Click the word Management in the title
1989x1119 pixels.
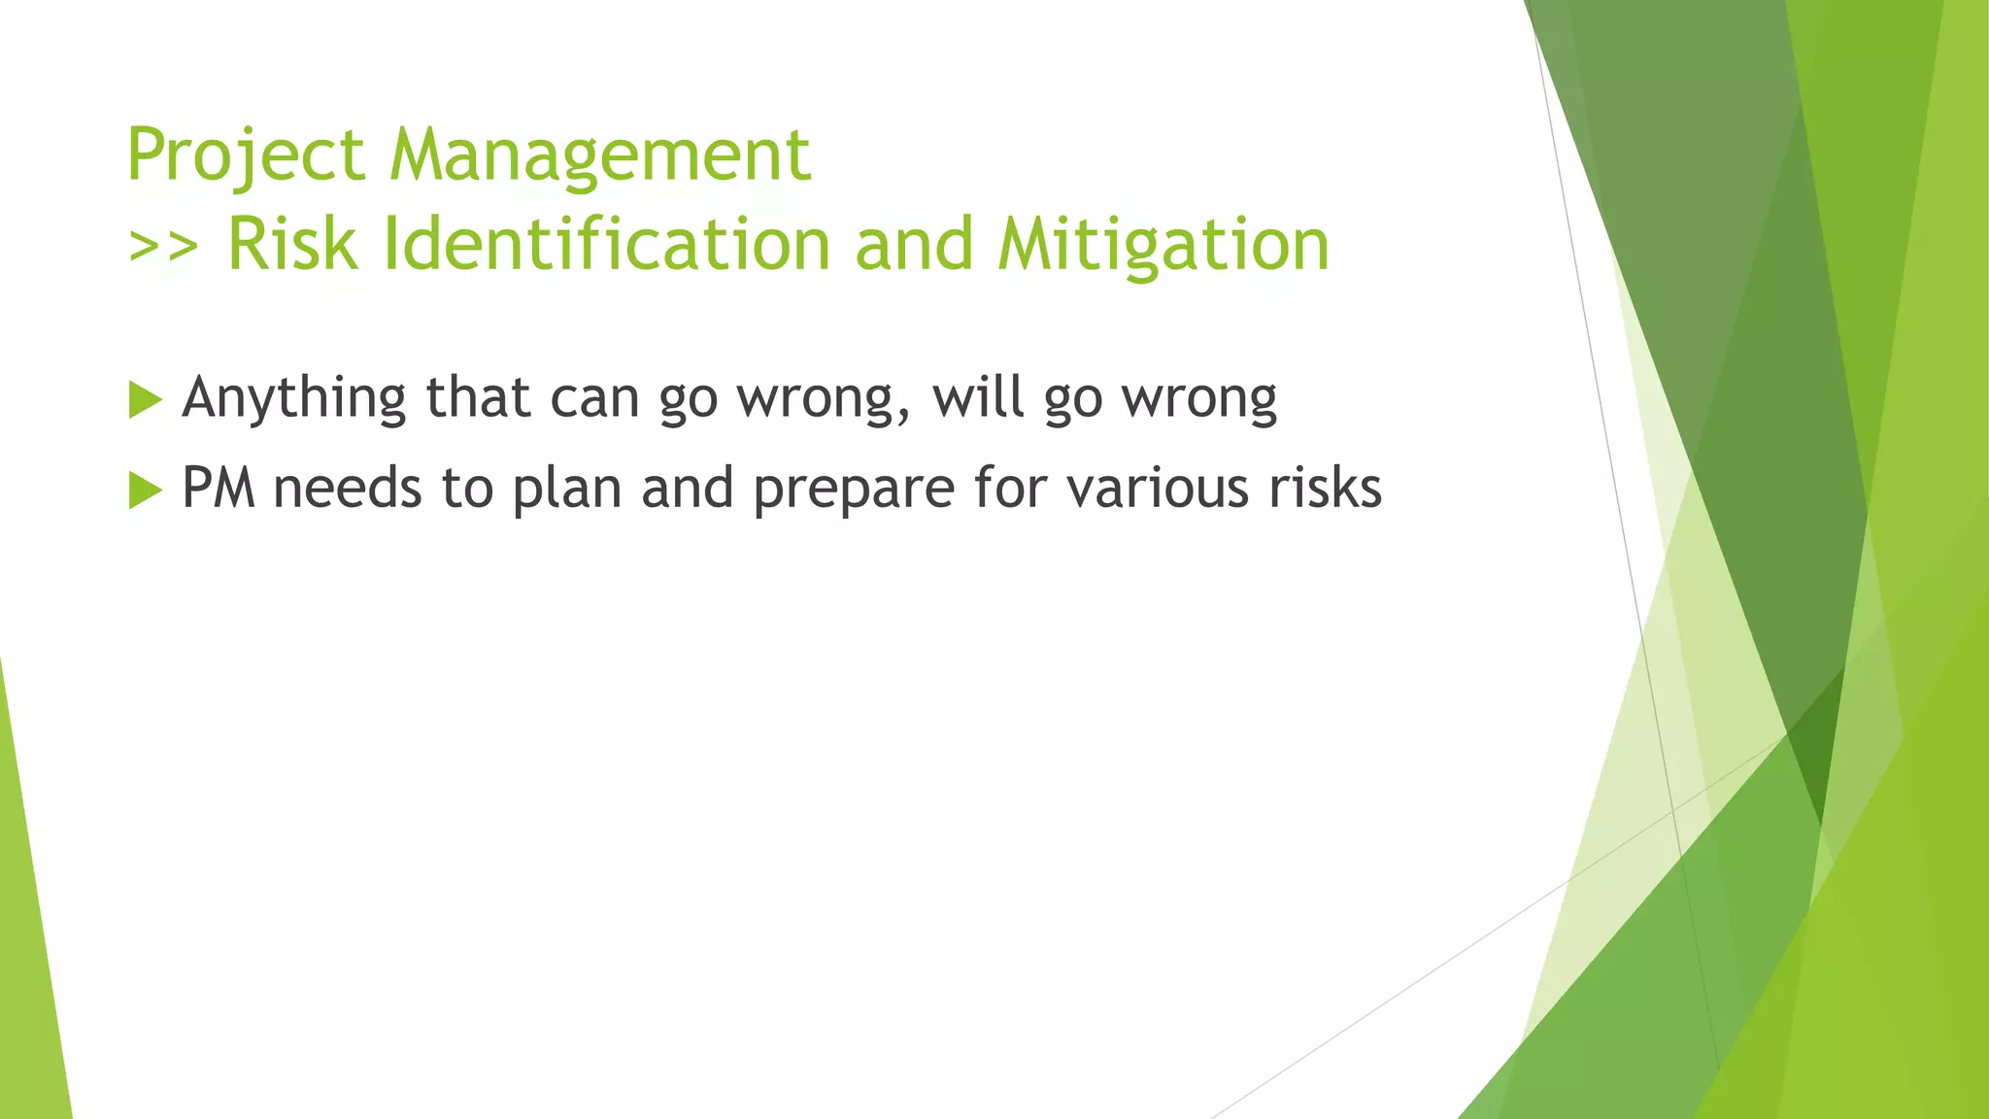coord(599,155)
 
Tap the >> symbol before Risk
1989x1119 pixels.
coord(163,246)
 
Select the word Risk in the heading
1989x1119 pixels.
coord(291,244)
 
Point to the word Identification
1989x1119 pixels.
coord(607,244)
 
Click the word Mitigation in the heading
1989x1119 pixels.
coord(1163,244)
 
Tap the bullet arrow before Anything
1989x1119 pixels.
coord(145,399)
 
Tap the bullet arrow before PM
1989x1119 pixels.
coord(145,490)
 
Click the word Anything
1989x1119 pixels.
coord(294,398)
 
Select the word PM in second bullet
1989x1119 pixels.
coord(219,488)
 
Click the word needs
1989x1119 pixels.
coord(348,488)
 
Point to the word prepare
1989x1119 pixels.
coord(854,488)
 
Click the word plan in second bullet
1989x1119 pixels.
coord(566,488)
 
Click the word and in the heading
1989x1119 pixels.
coord(914,244)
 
